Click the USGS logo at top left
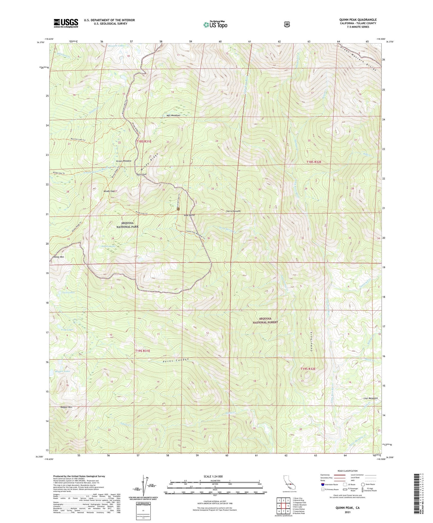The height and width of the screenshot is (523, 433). pos(66,23)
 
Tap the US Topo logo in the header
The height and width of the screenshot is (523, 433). pos(215,25)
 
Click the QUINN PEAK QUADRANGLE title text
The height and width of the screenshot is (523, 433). pos(358,20)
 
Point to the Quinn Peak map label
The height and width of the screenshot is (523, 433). pos(141,174)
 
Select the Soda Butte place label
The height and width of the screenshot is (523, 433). pos(190,215)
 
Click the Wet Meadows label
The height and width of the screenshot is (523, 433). pos(173,115)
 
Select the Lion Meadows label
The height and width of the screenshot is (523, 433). pos(370,398)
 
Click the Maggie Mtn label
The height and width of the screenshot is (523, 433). pos(66,407)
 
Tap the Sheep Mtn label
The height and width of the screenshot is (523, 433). pos(58,257)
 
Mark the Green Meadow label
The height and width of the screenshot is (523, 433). pos(124,161)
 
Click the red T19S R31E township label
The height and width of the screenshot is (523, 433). pos(143,350)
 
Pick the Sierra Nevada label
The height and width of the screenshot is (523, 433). pos(233,211)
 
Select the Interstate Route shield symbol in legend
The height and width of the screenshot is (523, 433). pos(322,484)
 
